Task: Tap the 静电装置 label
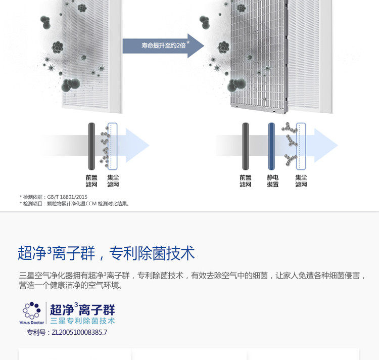click(x=273, y=181)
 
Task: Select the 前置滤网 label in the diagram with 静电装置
click(x=246, y=181)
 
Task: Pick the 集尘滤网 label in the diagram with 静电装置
click(x=301, y=181)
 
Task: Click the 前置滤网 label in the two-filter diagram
click(x=91, y=181)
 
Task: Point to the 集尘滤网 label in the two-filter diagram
click(x=113, y=181)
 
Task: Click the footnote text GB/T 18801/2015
click(x=67, y=197)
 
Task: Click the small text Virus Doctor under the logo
click(x=32, y=322)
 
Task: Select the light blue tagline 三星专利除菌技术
click(x=82, y=321)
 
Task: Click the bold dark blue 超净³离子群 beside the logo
click(x=82, y=309)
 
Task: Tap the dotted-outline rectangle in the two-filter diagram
click(x=113, y=146)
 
